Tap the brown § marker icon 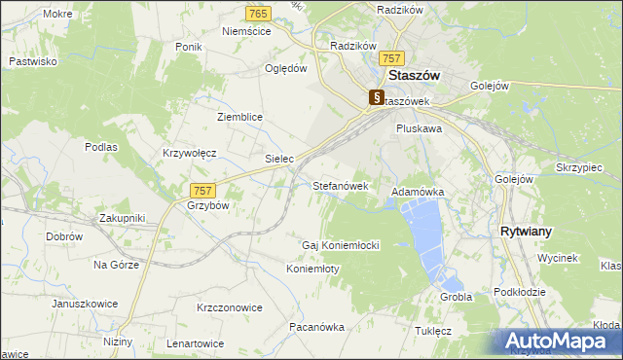coord(377,97)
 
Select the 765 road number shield coord(258,13)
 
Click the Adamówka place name coord(418,193)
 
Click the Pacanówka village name coord(316,327)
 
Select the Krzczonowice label coord(230,307)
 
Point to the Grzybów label coord(207,206)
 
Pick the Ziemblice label coord(239,117)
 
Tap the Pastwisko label coord(33,61)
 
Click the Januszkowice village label coord(85,304)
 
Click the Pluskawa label coord(420,127)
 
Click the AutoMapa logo coord(559,341)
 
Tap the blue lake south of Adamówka coord(424,234)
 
